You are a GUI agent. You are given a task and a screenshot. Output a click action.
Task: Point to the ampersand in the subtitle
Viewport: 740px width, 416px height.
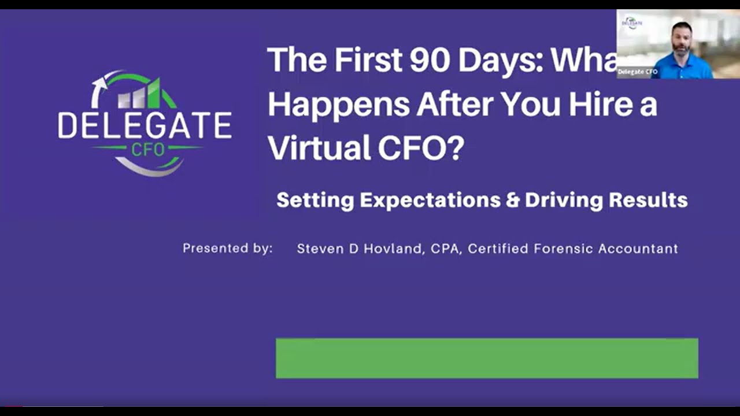512,200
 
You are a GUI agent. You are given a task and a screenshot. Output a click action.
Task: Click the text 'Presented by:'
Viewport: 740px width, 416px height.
227,248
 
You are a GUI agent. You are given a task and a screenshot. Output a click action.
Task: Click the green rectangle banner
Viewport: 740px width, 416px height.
487,358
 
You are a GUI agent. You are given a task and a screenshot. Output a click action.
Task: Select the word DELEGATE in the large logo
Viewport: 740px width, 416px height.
145,125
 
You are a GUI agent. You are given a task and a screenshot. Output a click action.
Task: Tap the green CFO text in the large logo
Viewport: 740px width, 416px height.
147,149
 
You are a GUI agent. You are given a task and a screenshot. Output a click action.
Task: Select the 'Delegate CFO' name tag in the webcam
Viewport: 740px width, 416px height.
638,72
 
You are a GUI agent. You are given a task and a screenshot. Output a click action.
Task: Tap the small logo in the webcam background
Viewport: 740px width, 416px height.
631,23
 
